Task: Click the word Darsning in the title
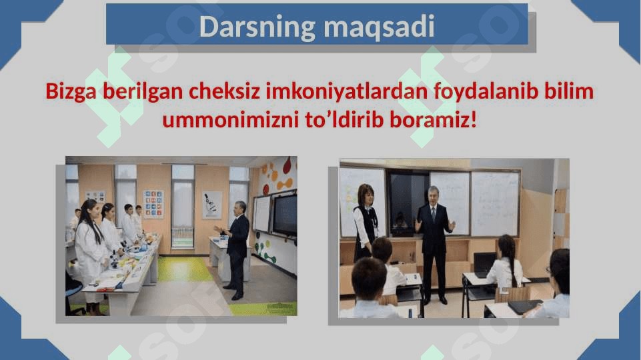tap(257, 27)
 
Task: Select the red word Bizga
tap(71, 91)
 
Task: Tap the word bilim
tap(569, 91)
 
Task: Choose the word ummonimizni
tap(231, 120)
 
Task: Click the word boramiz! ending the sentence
tap(433, 120)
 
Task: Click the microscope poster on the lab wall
tap(211, 205)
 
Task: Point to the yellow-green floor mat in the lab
tap(184, 269)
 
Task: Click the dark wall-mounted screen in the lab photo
tap(285, 214)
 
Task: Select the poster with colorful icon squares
tap(153, 203)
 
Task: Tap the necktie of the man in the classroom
tap(433, 213)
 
